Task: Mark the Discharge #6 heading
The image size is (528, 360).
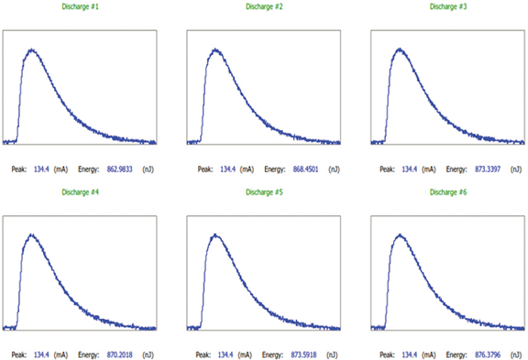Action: click(x=448, y=191)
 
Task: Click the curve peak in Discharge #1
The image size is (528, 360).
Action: click(x=31, y=49)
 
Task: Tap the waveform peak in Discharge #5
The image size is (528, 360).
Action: click(x=216, y=235)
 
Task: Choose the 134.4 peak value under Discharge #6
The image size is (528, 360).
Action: click(x=409, y=353)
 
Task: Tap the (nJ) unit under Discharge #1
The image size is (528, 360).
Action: click(x=148, y=169)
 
